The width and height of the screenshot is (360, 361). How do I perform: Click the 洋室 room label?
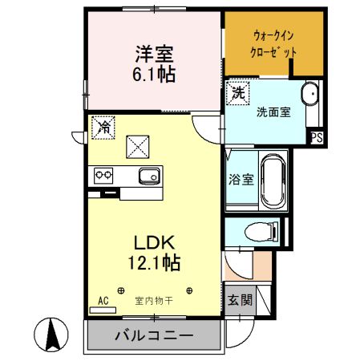(x=155, y=55)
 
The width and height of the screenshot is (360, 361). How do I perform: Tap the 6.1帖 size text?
(x=155, y=75)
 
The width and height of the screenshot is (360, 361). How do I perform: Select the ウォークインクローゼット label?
(x=273, y=43)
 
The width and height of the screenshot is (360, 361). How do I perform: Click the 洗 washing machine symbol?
(x=238, y=92)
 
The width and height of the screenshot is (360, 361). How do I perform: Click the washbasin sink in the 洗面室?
(x=309, y=95)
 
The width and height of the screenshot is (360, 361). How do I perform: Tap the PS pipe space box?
(x=317, y=138)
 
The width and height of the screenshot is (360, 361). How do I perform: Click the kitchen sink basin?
(x=146, y=176)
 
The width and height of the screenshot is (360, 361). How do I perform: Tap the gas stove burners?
(x=104, y=173)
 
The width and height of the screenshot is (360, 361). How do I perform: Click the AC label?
(x=102, y=301)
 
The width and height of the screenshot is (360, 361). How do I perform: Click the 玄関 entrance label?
(x=238, y=301)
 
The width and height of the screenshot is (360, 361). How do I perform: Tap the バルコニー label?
(x=152, y=335)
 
